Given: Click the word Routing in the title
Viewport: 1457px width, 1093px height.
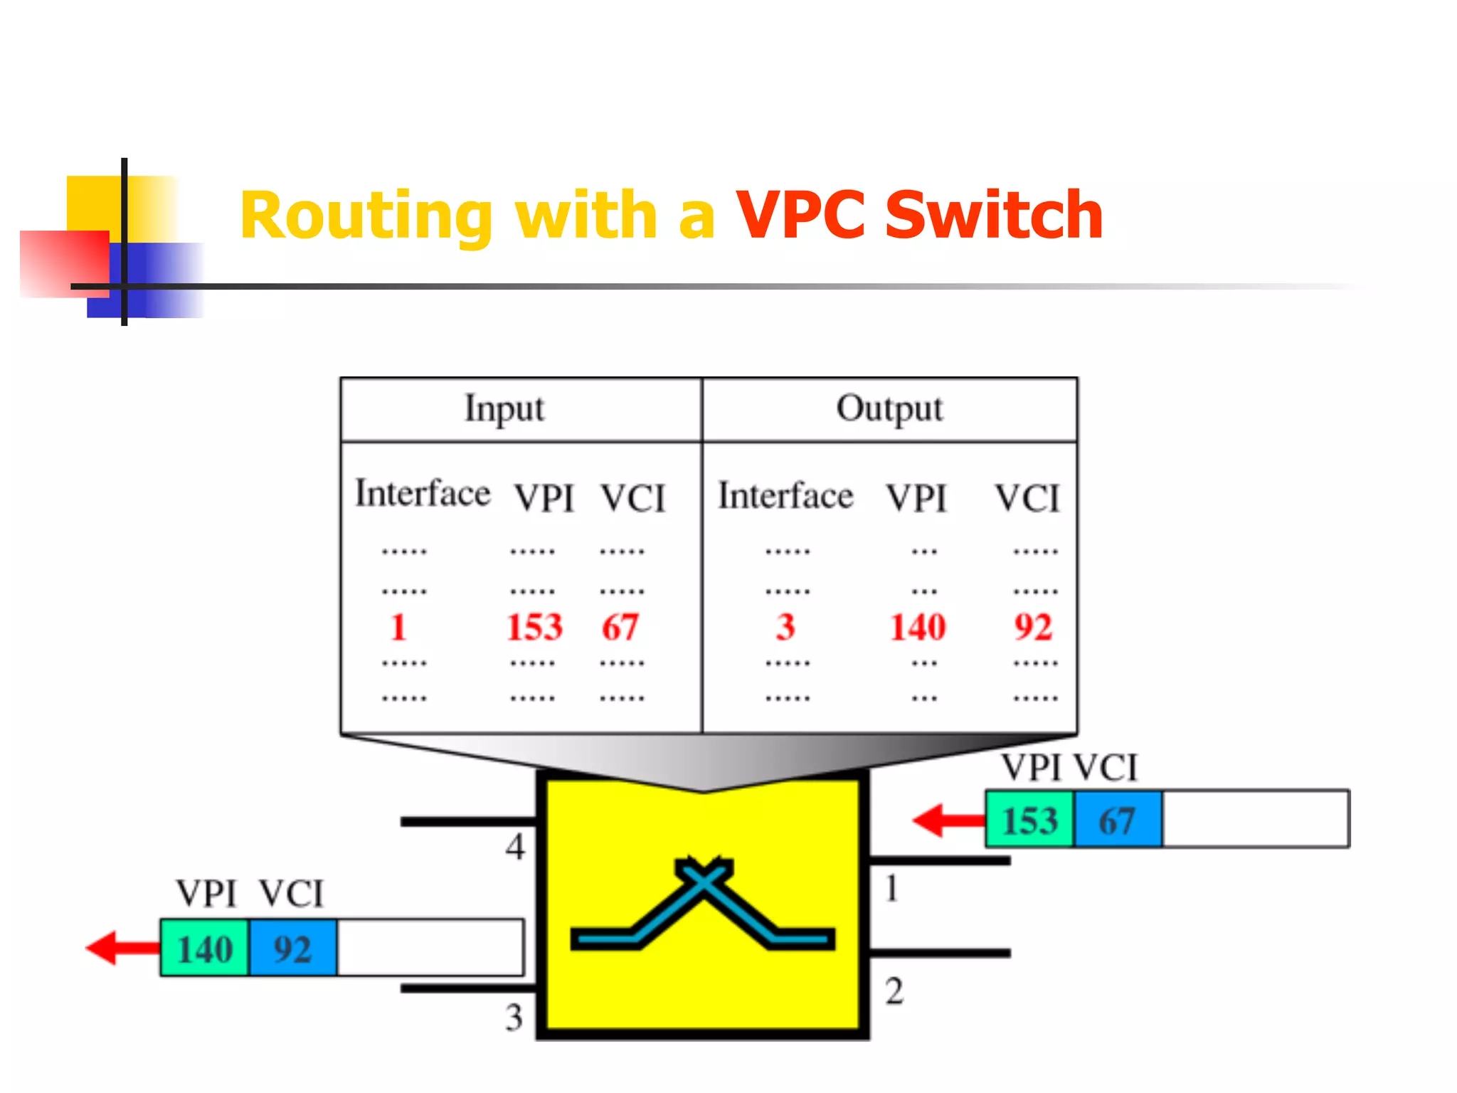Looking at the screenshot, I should click(366, 216).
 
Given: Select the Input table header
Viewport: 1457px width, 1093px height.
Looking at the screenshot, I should click(504, 409).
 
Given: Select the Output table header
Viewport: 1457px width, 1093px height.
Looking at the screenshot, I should click(889, 409).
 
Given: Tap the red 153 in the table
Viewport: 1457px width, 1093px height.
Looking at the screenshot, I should click(534, 627).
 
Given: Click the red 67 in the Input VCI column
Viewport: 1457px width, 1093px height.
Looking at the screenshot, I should click(620, 627).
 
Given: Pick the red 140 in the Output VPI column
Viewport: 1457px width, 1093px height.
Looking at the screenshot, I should click(918, 627).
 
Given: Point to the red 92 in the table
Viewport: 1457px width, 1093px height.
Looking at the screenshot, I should click(1033, 627).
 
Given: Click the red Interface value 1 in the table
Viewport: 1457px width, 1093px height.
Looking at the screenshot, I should click(398, 627).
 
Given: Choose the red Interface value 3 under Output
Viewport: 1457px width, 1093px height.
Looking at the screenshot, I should click(785, 627).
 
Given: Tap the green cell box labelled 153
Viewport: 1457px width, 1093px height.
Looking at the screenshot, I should click(1029, 820).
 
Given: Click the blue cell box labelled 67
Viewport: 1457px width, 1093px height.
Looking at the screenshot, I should click(1118, 820).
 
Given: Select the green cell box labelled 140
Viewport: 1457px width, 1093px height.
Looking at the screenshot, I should click(205, 949).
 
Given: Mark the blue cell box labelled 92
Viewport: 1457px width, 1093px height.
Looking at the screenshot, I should click(292, 949).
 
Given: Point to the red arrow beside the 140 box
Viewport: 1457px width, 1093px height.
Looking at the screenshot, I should click(121, 948).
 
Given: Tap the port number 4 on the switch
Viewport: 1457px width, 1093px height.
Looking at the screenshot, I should click(515, 847).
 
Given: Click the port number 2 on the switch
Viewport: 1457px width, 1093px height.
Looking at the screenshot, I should click(894, 991).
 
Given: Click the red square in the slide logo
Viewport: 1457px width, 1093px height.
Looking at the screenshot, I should click(64, 263).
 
